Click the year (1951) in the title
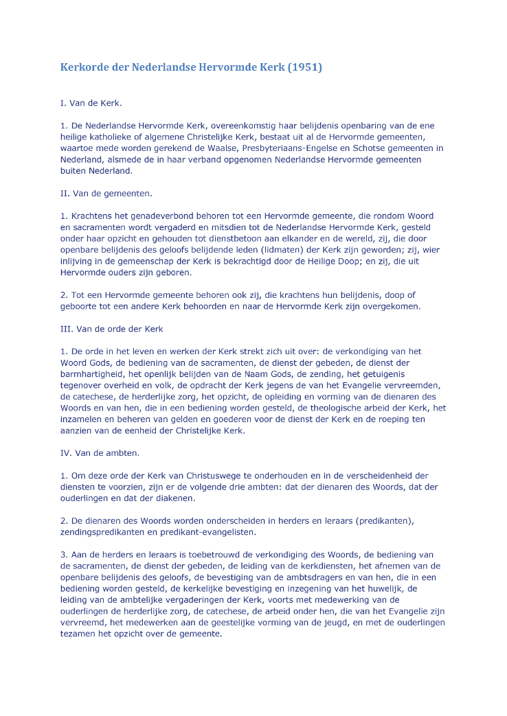(x=304, y=67)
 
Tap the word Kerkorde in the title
(x=85, y=67)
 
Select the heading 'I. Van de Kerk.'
(x=91, y=103)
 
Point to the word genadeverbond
(x=161, y=216)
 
